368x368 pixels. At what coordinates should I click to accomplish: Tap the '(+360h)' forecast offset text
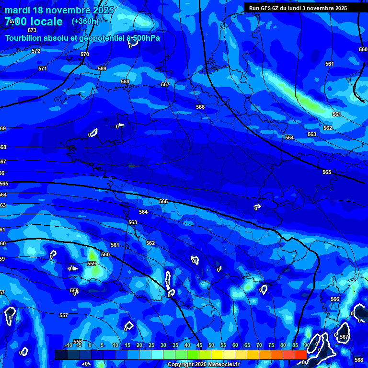85,21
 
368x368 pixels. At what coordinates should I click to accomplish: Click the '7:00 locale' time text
34,22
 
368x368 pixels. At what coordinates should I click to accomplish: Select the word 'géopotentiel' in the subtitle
100,38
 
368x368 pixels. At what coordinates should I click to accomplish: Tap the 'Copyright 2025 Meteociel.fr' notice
204,364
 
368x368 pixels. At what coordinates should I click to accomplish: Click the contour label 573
32,30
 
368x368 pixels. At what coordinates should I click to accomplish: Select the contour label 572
36,51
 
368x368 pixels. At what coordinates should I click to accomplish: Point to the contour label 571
43,69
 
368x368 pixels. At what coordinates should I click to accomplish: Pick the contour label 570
85,54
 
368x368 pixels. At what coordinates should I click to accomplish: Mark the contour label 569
102,69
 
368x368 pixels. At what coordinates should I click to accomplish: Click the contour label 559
92,264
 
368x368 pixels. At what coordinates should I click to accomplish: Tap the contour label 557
63,315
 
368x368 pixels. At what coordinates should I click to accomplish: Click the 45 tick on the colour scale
199,345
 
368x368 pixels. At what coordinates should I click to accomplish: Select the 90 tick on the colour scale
307,345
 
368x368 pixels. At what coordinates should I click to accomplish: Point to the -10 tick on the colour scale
69,345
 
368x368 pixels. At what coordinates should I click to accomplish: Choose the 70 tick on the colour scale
259,345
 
